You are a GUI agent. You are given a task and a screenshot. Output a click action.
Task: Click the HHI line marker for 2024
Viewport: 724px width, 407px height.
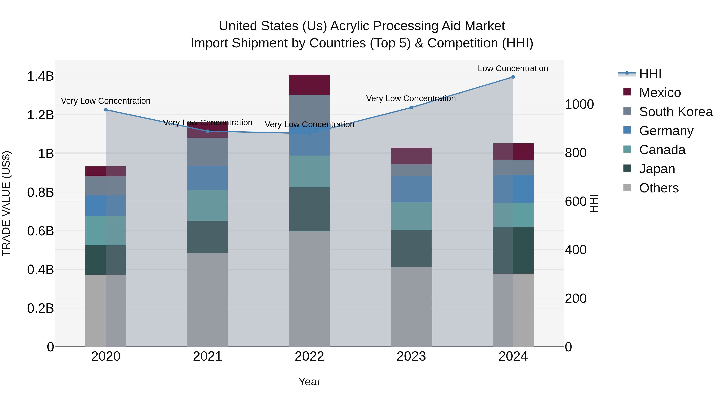pos(513,77)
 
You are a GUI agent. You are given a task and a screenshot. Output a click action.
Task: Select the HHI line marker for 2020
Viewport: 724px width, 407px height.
pos(106,110)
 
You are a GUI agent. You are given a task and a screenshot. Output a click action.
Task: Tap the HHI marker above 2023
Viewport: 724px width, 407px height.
pos(411,107)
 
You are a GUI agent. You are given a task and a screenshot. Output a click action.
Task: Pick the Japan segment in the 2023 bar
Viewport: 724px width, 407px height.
pos(411,249)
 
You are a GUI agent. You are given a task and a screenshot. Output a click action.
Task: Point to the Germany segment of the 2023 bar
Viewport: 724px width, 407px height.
pos(411,189)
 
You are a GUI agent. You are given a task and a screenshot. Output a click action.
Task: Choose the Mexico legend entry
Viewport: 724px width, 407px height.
pos(659,93)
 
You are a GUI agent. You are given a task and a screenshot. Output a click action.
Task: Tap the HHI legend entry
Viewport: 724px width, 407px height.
pos(650,74)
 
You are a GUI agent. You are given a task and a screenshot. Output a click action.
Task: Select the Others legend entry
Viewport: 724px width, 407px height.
pos(658,188)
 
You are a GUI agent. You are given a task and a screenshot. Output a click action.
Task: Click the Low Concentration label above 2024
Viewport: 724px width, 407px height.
pos(513,68)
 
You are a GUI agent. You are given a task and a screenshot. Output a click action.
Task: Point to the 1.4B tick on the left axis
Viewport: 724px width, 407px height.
pos(40,76)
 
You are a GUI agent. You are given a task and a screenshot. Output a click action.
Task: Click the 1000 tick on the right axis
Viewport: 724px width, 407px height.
pos(579,105)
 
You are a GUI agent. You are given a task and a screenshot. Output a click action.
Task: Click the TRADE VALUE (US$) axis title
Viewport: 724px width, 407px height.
pos(6,203)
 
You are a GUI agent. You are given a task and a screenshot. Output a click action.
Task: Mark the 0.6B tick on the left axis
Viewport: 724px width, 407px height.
pos(40,231)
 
